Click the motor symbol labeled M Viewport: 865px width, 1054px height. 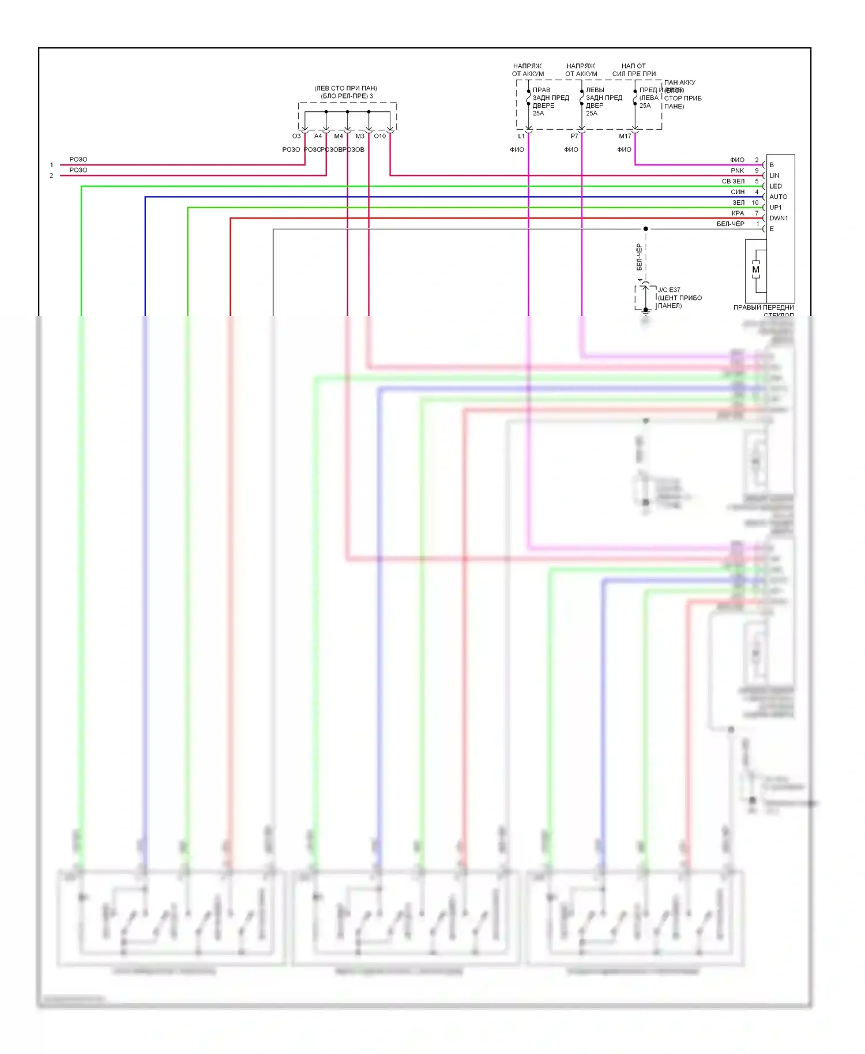(x=755, y=270)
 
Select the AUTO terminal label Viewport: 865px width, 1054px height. (x=778, y=197)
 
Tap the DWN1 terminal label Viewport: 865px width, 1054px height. (x=778, y=218)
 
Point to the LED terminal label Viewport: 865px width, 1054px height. (x=775, y=186)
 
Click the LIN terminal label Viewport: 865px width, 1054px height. (x=774, y=175)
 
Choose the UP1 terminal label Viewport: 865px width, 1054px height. (x=775, y=208)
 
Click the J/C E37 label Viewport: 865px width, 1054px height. (x=669, y=290)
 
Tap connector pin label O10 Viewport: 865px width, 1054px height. (x=379, y=136)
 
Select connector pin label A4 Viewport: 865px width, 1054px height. (x=318, y=136)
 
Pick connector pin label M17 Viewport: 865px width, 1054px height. (x=625, y=136)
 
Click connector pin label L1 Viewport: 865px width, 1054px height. (x=521, y=136)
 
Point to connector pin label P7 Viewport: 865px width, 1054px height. (x=574, y=136)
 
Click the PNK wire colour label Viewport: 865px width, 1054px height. (x=737, y=171)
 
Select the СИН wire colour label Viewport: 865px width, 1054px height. (x=738, y=192)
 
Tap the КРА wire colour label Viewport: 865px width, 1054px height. (x=738, y=213)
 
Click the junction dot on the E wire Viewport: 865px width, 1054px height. (x=646, y=229)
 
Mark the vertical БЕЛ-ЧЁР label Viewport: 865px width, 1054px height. (x=639, y=257)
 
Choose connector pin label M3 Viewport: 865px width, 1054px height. (x=360, y=136)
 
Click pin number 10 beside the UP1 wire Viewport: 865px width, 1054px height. (x=755, y=202)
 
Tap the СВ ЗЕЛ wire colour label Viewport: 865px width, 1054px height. (x=733, y=181)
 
